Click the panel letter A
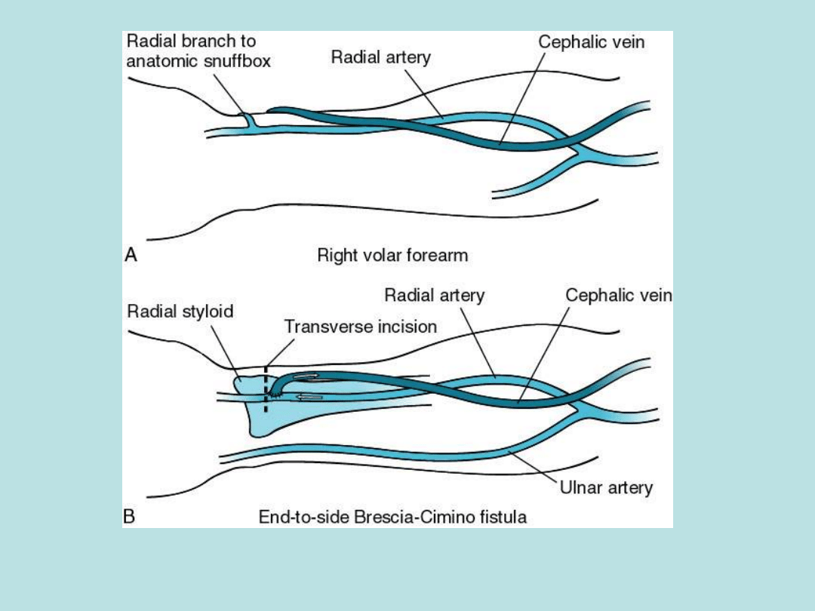click(x=131, y=255)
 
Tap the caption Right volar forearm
click(x=392, y=255)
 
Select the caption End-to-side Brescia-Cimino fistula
click(x=392, y=517)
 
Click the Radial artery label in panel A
click(x=380, y=57)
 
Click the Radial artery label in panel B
click(x=434, y=295)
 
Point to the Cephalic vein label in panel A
click(x=591, y=42)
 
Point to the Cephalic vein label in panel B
click(x=619, y=295)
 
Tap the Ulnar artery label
click(x=606, y=487)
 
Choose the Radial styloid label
click(x=180, y=311)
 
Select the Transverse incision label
click(x=360, y=327)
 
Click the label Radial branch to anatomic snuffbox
click(x=198, y=51)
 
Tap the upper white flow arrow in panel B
click(x=306, y=376)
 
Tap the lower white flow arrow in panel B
click(x=309, y=397)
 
